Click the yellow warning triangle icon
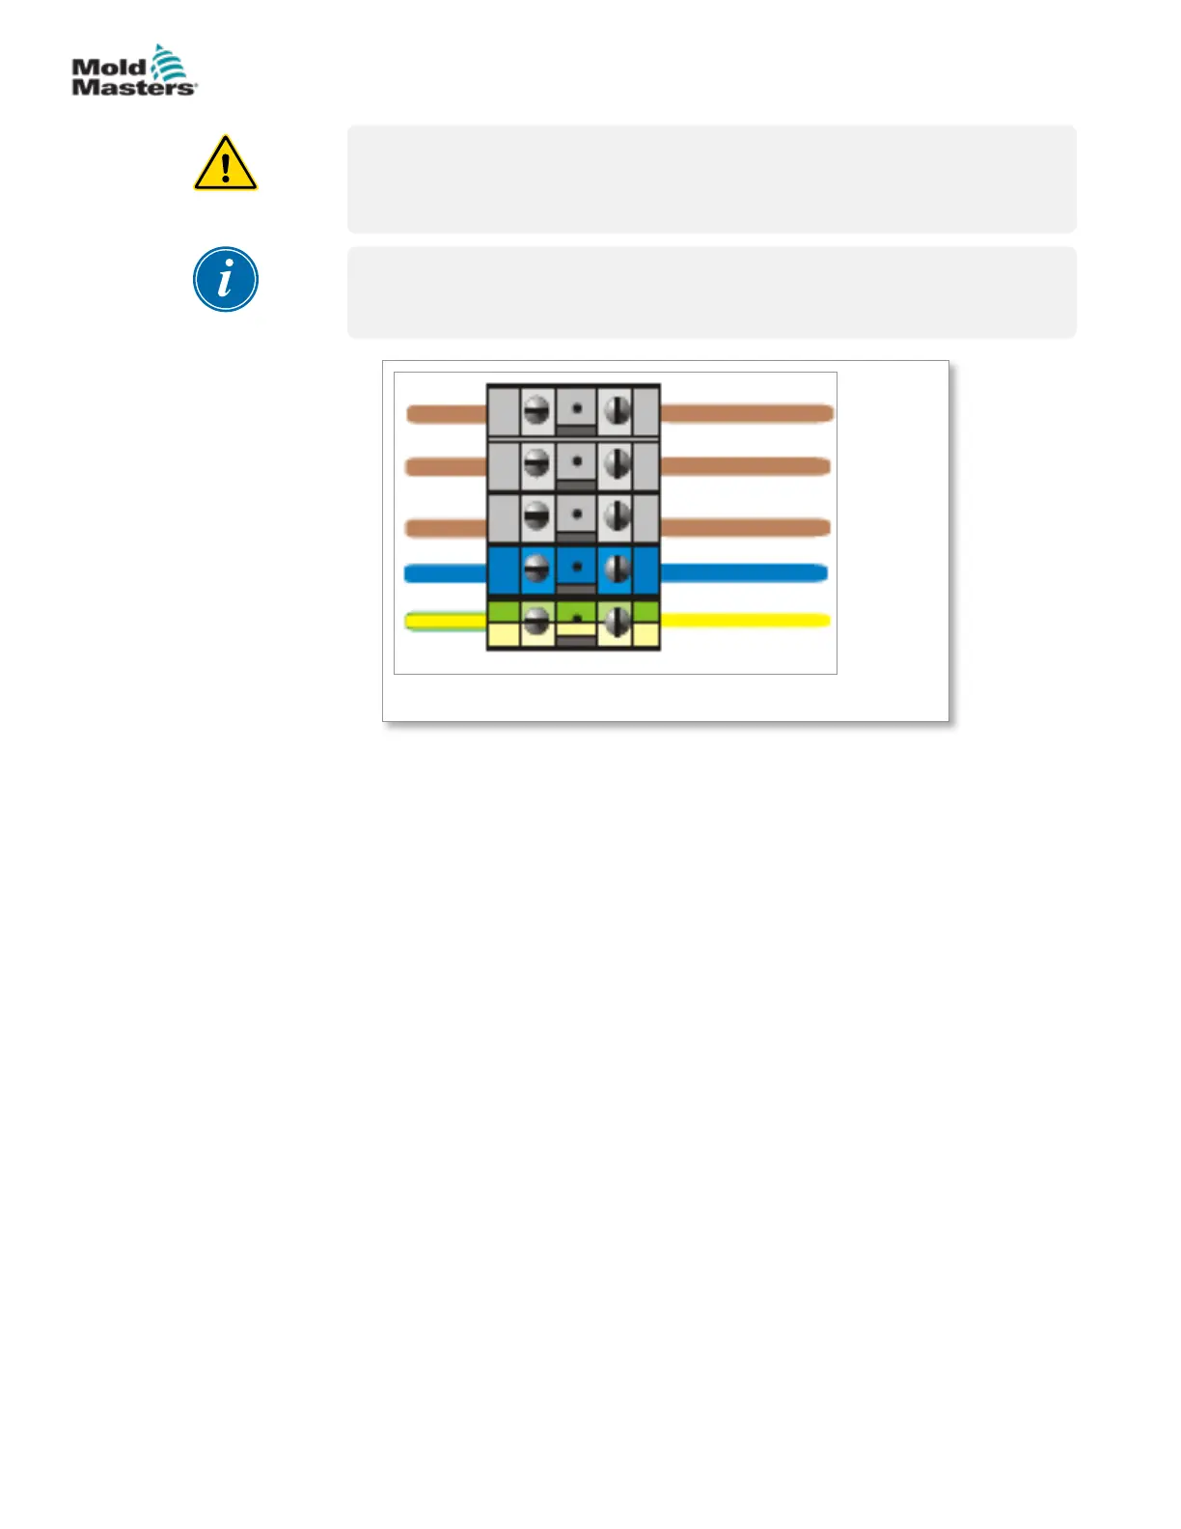tap(225, 164)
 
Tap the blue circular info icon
tap(225, 280)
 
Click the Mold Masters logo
tap(134, 70)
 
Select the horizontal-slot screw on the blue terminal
tap(536, 569)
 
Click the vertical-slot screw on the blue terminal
tap(616, 569)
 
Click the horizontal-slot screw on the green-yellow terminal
tap(536, 621)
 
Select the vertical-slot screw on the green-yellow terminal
tap(616, 621)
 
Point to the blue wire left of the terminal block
tap(445, 574)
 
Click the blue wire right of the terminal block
tap(743, 572)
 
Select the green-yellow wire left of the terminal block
tap(445, 621)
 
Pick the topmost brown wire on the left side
tap(446, 414)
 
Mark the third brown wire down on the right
tap(745, 527)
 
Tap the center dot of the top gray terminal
tap(577, 407)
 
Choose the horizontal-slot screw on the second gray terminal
tap(536, 465)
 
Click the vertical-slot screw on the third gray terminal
tap(616, 517)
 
